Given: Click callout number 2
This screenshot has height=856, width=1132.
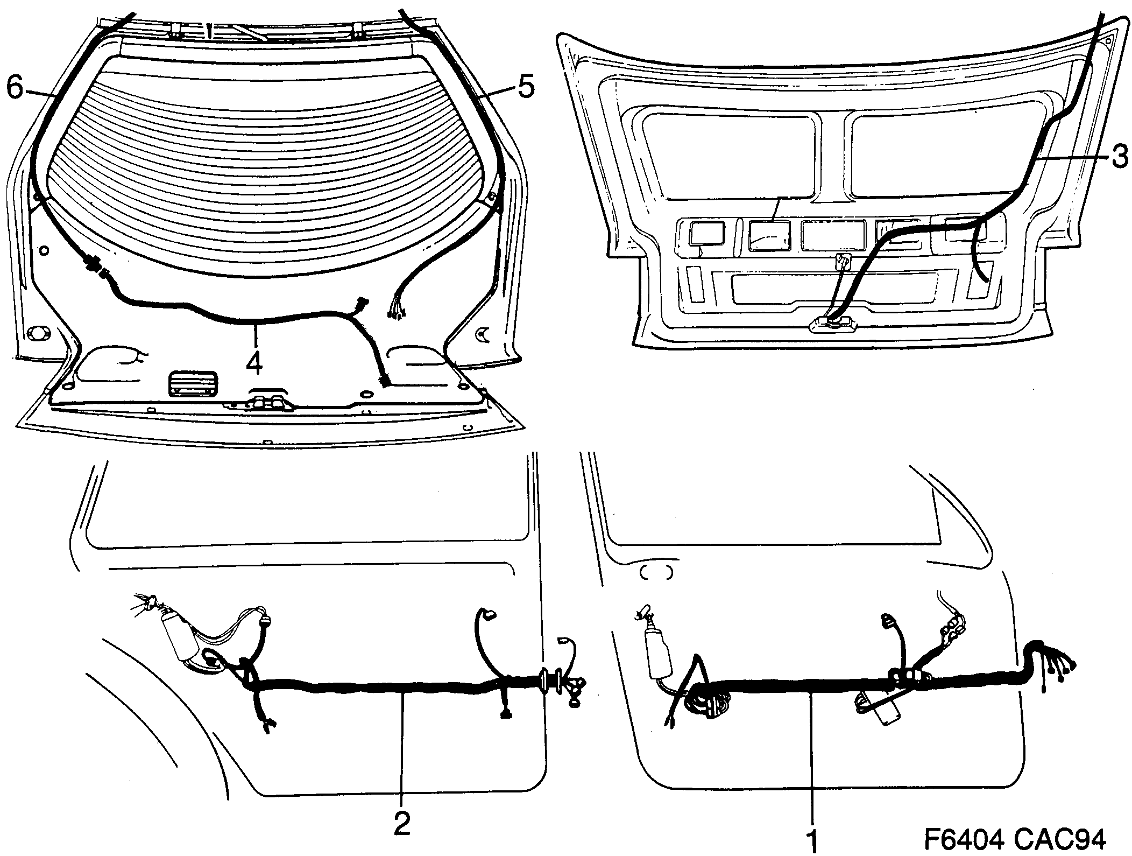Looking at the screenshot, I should [x=402, y=822].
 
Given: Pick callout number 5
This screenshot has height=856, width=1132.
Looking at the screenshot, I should [x=525, y=87].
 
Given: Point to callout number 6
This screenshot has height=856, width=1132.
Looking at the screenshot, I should [x=15, y=88].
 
